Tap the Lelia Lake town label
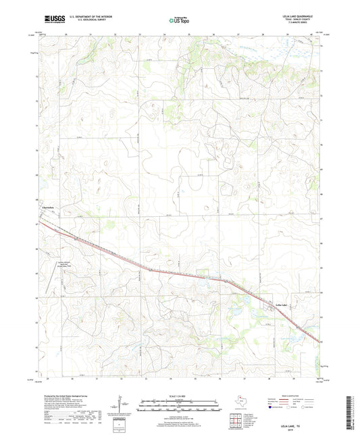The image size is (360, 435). coord(271,305)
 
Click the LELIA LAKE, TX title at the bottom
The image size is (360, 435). coord(299,417)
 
